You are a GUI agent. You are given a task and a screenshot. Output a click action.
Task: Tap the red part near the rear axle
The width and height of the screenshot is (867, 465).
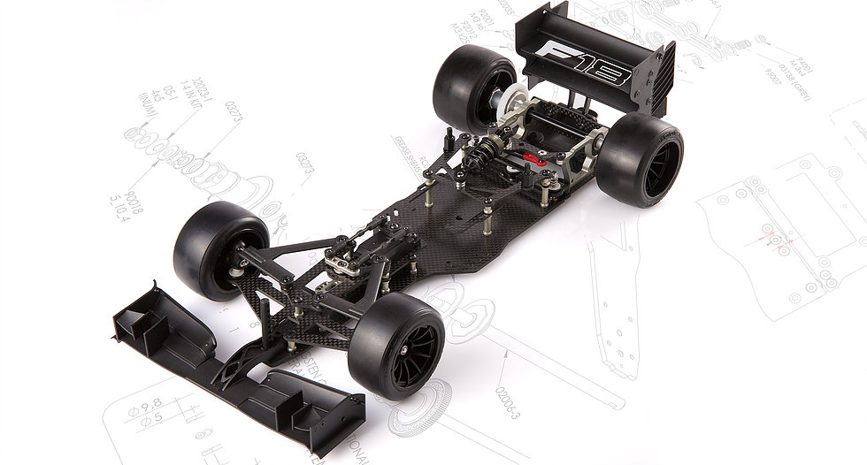click(533, 159)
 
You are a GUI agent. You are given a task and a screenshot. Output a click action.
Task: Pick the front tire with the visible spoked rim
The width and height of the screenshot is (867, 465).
click(397, 345)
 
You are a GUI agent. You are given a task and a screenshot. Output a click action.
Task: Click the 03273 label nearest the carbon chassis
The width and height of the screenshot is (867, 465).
click(305, 164)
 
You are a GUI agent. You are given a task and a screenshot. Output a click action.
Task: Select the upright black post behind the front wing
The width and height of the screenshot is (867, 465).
click(253, 336)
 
